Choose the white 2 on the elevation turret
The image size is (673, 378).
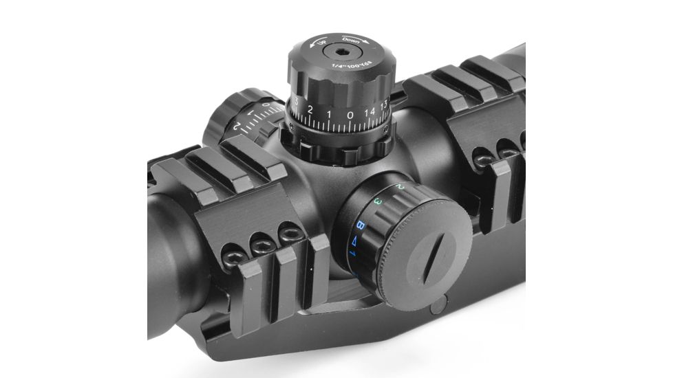[311, 110]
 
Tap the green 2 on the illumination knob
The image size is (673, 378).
[400, 186]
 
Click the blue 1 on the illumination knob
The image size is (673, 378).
[352, 255]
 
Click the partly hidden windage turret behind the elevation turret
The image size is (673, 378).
[237, 118]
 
